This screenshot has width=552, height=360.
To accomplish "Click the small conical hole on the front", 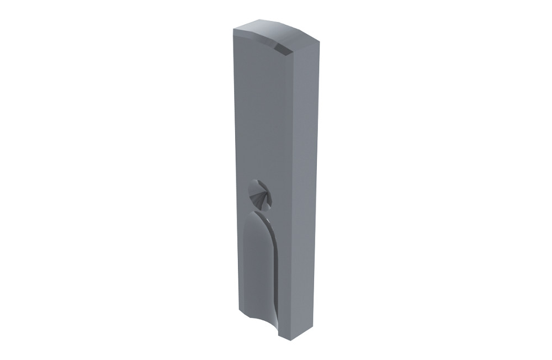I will point(259,194).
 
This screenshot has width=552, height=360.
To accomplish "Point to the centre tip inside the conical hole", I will point(263,199).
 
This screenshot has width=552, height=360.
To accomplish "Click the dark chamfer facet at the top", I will point(283,49).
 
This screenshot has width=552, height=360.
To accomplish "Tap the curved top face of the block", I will point(276,31).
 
